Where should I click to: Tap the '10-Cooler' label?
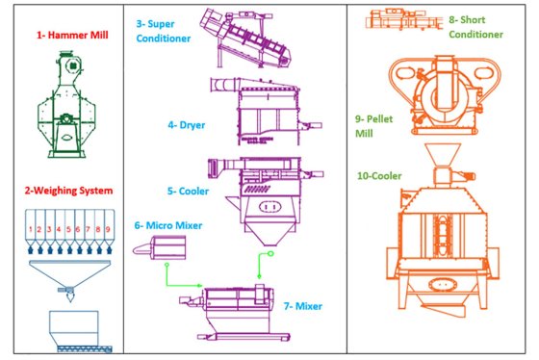(379, 176)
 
